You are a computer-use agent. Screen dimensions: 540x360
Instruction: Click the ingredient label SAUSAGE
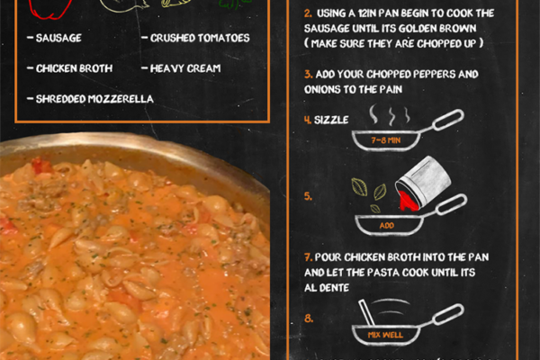click(x=58, y=38)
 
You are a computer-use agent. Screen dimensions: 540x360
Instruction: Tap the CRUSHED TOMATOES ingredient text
click(x=200, y=38)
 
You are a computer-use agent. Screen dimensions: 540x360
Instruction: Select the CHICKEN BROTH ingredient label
click(x=74, y=68)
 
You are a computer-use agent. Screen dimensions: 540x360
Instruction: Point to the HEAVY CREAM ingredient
click(x=185, y=68)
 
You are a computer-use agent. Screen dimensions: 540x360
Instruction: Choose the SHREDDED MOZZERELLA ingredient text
click(x=94, y=99)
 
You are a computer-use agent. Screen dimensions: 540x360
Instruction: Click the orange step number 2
click(x=308, y=13)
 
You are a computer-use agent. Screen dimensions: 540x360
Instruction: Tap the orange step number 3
click(x=308, y=75)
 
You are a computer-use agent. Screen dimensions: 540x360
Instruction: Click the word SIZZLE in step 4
click(x=331, y=120)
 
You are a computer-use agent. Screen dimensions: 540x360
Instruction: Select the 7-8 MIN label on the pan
click(x=386, y=140)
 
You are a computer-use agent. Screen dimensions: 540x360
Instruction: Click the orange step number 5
click(x=308, y=196)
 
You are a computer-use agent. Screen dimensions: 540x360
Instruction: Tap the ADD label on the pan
click(x=386, y=226)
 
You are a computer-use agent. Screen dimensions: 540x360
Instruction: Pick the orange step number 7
click(x=308, y=257)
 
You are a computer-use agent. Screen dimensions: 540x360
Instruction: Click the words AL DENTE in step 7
click(x=327, y=288)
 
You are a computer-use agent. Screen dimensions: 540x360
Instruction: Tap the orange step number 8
click(x=309, y=319)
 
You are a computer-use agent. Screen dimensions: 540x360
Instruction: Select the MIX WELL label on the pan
click(x=385, y=335)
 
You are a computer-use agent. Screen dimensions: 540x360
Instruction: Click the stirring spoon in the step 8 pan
click(x=366, y=312)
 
